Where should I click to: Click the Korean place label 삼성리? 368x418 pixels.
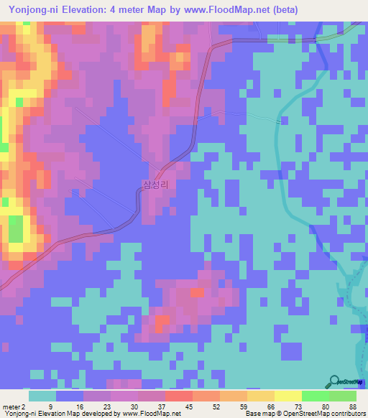coord(155,185)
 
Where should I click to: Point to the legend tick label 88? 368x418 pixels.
coord(351,406)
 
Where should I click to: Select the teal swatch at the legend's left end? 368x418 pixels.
coord(42,396)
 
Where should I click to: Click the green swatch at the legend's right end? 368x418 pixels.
coord(343,396)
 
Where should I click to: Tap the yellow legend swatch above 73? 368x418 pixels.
coord(288,396)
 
